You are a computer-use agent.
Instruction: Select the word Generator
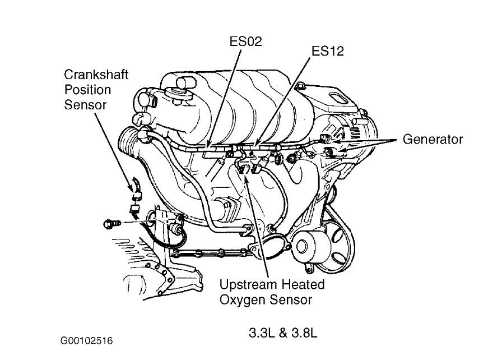click(433, 139)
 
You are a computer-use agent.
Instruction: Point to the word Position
click(87, 89)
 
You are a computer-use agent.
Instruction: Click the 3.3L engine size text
click(261, 333)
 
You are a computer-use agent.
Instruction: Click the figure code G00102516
click(90, 340)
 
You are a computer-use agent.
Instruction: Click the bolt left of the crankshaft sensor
click(109, 224)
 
